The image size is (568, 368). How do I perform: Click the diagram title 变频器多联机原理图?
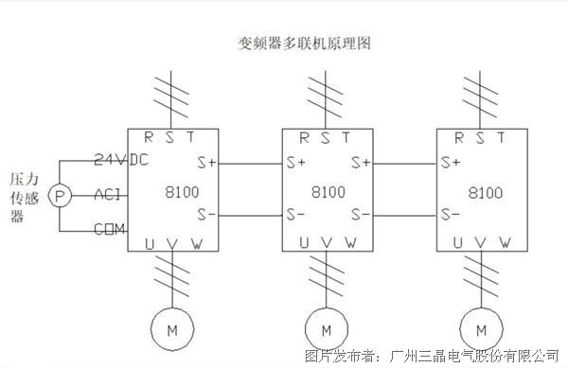pos(304,44)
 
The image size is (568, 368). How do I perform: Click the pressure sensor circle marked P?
pos(60,196)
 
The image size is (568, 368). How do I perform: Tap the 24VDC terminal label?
pos(121,159)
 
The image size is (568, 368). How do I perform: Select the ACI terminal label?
pos(107,195)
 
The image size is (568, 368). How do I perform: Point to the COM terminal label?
pos(110,229)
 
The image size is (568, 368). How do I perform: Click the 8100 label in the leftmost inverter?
pos(182,192)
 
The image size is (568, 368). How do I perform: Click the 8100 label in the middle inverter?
pos(328,192)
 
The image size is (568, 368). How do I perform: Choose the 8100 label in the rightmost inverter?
pos(486,193)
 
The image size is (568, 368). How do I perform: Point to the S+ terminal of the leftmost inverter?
pos(206,163)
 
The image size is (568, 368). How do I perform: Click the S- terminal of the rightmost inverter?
pos(451,214)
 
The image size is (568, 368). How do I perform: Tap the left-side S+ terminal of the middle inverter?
pos(296,163)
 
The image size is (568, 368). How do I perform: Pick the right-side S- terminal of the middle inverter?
pos(361,215)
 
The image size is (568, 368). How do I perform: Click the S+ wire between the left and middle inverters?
pos(250,164)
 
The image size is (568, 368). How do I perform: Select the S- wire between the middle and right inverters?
pos(405,216)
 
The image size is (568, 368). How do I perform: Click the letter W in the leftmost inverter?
pos(197,243)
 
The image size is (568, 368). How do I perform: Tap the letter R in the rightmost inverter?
pos(459,137)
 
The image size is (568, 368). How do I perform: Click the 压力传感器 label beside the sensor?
pos(24,198)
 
